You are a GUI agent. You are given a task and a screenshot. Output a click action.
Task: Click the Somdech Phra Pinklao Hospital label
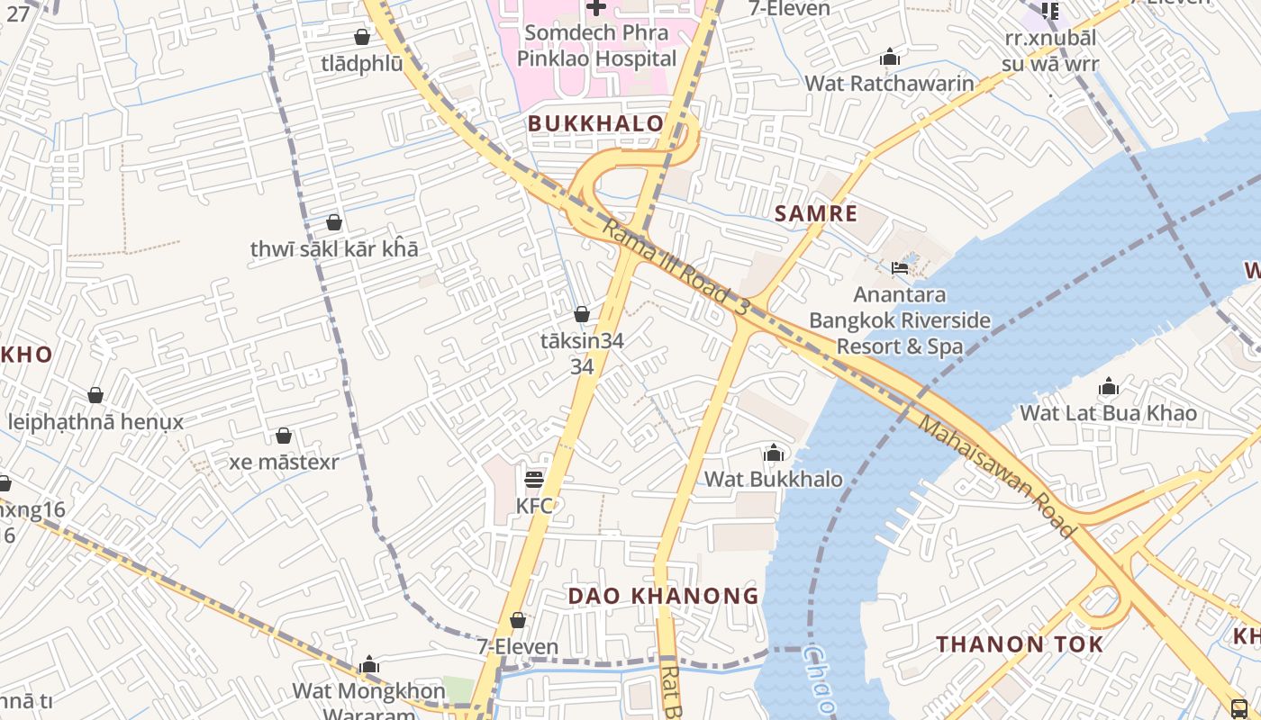[x=595, y=46]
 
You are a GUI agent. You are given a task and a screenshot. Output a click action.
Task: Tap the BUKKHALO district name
[x=595, y=123]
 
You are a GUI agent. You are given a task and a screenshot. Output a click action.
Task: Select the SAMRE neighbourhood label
[x=816, y=213]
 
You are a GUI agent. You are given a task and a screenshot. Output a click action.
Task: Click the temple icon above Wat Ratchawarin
[x=890, y=58]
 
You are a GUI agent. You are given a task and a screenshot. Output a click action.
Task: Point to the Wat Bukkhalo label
[x=773, y=479]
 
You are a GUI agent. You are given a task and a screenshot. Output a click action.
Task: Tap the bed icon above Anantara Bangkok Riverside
[x=899, y=267]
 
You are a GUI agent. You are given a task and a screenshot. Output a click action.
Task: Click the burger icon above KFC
[x=534, y=479]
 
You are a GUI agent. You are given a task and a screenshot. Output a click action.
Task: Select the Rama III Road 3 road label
[x=676, y=267]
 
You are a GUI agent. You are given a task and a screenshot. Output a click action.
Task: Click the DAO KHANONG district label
[x=663, y=596]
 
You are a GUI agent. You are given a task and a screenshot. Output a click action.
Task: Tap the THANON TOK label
[x=1020, y=644]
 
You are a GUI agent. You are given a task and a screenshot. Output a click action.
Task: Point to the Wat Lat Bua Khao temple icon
[x=1108, y=387]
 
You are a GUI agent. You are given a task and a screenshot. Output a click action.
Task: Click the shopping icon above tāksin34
[x=582, y=314]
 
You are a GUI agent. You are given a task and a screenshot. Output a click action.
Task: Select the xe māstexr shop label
[x=284, y=463]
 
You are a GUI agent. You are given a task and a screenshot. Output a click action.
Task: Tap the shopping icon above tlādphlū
[x=362, y=37]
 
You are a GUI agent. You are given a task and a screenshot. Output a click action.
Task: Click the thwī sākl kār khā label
[x=334, y=248]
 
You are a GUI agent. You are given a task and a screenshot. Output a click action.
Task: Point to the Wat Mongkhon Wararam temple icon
[x=368, y=666]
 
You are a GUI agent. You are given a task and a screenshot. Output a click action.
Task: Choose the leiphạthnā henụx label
[x=95, y=421]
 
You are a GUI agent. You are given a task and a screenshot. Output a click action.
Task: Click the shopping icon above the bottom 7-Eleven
[x=518, y=620]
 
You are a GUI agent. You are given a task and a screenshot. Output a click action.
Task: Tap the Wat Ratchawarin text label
[x=889, y=84]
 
